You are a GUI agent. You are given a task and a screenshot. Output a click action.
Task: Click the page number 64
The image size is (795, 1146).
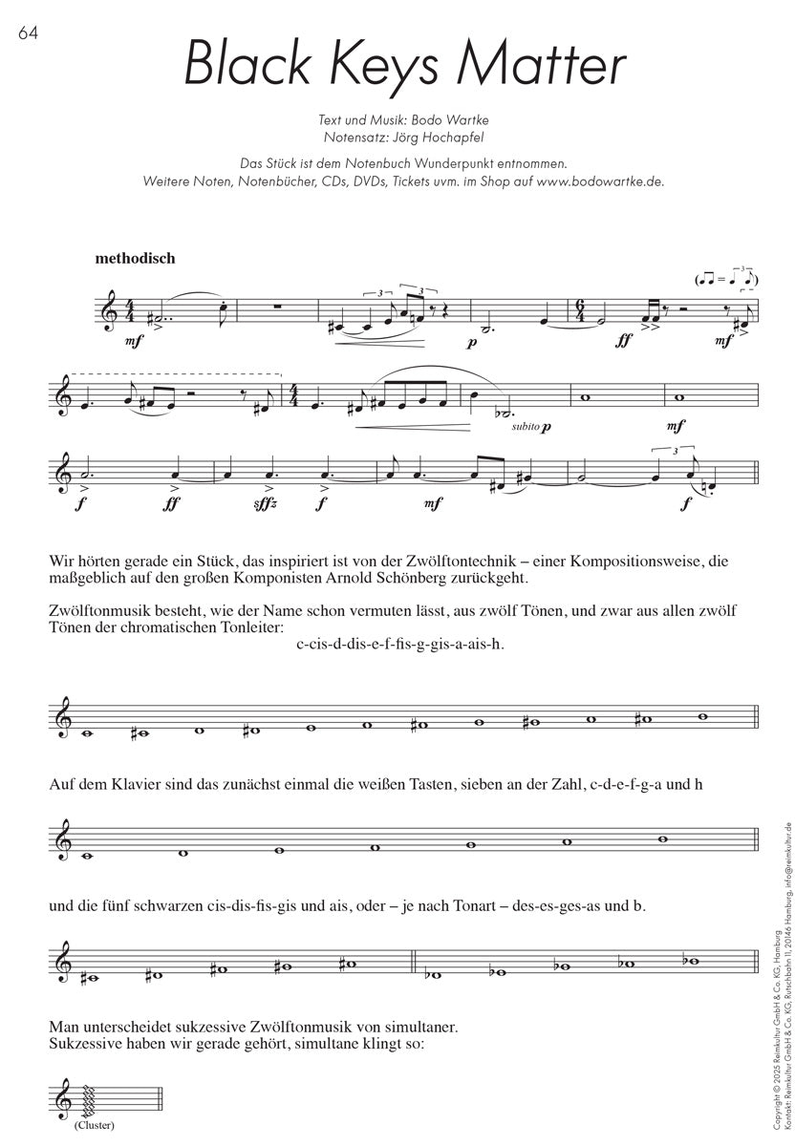[x=26, y=34]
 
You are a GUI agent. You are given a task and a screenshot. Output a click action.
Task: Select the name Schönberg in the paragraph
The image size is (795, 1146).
[x=422, y=579]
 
